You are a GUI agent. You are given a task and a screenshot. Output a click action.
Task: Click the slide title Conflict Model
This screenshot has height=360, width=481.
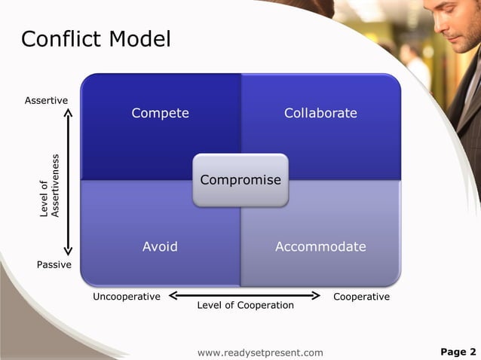click(x=96, y=38)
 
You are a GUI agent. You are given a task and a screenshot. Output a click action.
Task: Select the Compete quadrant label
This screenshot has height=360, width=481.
click(x=160, y=113)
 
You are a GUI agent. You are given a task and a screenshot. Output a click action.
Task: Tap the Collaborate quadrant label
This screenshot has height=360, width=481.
click(x=320, y=113)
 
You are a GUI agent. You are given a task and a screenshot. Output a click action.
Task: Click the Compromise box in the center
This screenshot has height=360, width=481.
click(x=240, y=180)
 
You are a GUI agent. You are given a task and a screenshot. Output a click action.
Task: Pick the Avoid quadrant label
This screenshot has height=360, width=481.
click(x=160, y=246)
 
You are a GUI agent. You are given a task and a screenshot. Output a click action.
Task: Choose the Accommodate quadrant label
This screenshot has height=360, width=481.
click(x=320, y=246)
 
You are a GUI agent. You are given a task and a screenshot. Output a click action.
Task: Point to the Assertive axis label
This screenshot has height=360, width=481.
click(x=46, y=100)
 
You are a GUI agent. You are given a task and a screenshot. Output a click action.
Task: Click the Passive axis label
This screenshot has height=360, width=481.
click(x=54, y=265)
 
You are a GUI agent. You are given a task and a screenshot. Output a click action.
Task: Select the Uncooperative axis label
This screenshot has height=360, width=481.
click(x=127, y=297)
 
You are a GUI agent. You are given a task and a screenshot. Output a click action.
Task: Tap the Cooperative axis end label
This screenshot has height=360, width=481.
click(x=361, y=297)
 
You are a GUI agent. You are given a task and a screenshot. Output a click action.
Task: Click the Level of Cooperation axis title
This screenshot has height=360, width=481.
click(x=245, y=305)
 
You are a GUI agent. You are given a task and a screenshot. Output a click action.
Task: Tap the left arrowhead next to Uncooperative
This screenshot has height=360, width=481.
click(x=173, y=295)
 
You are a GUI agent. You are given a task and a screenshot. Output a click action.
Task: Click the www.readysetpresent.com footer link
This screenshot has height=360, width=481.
click(x=259, y=352)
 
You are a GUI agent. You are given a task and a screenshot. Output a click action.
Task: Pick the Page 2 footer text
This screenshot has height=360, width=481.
click(x=458, y=352)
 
